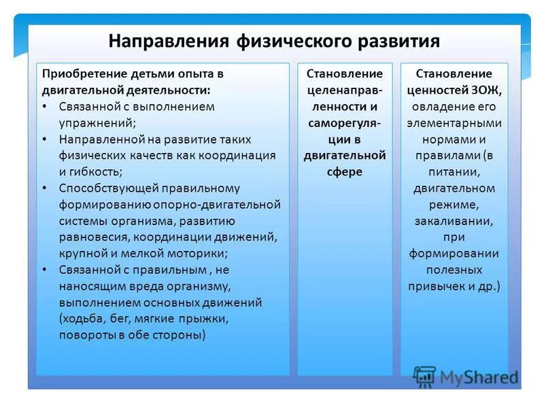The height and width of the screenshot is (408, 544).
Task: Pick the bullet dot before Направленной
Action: pos(45,139)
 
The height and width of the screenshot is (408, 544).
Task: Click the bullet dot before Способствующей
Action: pos(45,188)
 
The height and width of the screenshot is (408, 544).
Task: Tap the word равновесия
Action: pos(93,237)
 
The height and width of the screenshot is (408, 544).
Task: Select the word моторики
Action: pos(199,253)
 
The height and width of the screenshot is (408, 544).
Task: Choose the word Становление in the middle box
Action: pos(345,73)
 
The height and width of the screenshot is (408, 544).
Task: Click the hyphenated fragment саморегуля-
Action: pos(345,122)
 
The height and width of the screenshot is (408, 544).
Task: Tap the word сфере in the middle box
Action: pos(345,171)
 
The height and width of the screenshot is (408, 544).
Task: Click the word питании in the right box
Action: pos(454,171)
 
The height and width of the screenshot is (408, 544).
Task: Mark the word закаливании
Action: pos(454,221)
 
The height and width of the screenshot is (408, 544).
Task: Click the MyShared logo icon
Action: pos(424,376)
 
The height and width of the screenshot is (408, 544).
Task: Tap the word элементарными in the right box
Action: pos(454,122)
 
